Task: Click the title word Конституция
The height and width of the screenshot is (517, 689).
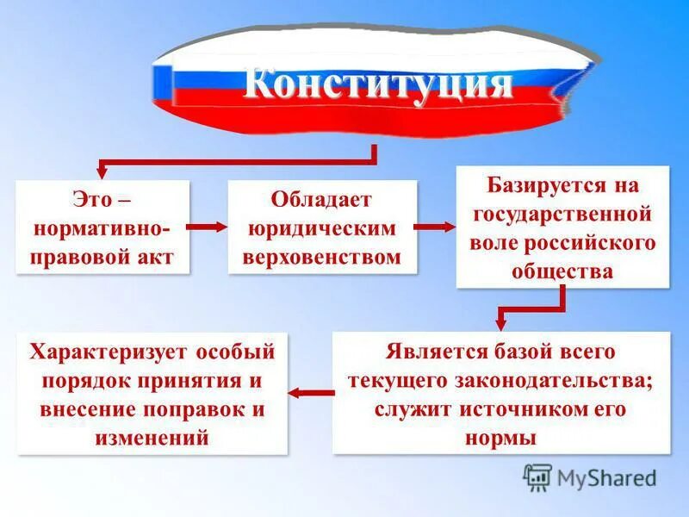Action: tap(379, 85)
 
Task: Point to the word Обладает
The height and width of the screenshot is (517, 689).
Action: tap(321, 200)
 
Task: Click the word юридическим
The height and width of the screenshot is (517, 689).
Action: tap(321, 228)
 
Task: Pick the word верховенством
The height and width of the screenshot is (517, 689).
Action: tap(322, 257)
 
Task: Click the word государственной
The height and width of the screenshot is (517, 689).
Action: tap(562, 213)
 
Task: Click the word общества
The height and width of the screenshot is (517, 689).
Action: tap(562, 271)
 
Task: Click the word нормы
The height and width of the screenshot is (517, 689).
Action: tap(500, 437)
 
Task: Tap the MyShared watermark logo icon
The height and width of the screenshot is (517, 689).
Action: tap(537, 477)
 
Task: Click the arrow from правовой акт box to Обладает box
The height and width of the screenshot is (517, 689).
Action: tap(207, 227)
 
